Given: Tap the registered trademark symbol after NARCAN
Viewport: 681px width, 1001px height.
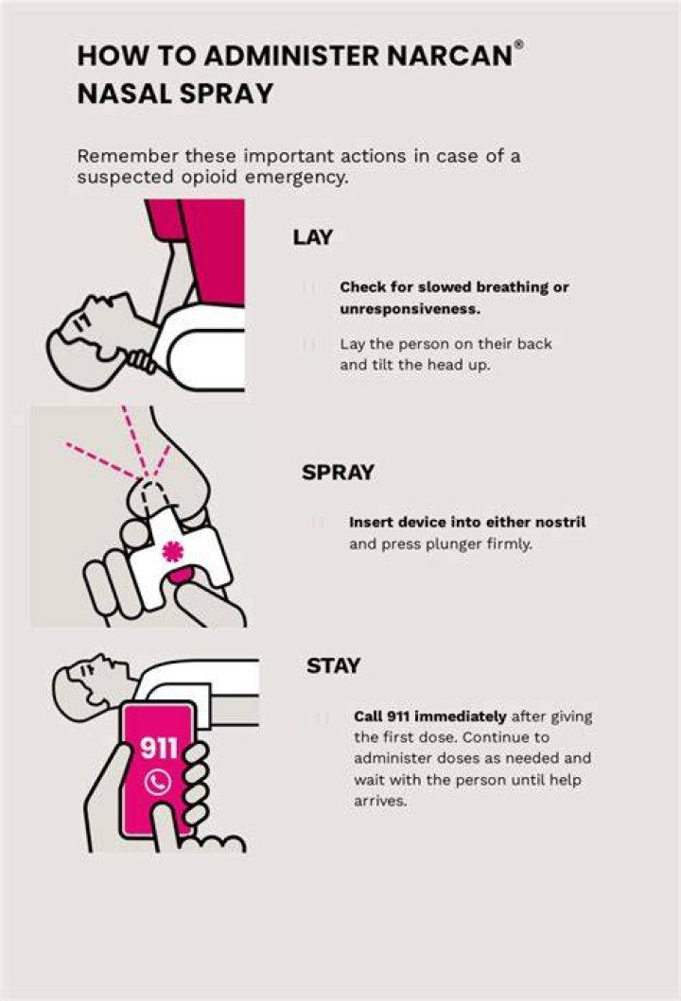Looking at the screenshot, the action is coord(518,43).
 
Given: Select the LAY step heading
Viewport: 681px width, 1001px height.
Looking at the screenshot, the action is coord(313,237).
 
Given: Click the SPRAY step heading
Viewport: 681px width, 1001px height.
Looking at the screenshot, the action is coord(338,473).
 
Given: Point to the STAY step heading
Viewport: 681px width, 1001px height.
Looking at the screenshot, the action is coord(334,665).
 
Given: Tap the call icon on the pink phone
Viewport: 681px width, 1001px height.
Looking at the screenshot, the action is coord(158,782).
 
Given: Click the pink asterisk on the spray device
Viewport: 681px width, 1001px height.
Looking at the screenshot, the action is coord(172,551).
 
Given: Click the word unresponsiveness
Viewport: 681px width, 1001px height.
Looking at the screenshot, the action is coord(410,309).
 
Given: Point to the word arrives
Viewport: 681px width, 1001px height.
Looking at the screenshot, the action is coord(380,802).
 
